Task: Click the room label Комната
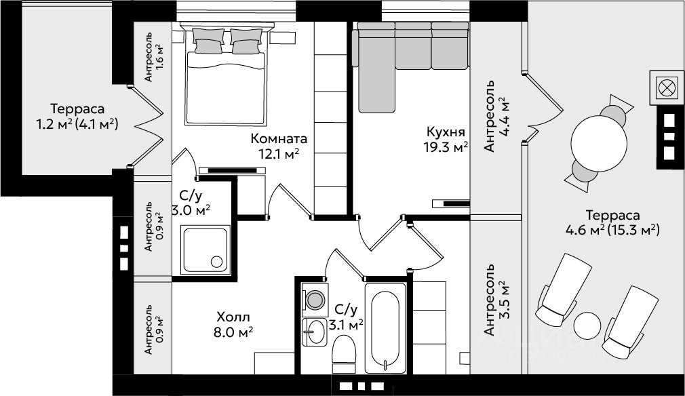279,139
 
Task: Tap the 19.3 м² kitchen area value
446,147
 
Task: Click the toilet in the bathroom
344,354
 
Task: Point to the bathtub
385,328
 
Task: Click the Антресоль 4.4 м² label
496,116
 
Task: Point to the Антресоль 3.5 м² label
496,300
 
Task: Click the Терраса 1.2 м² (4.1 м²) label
77,116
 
